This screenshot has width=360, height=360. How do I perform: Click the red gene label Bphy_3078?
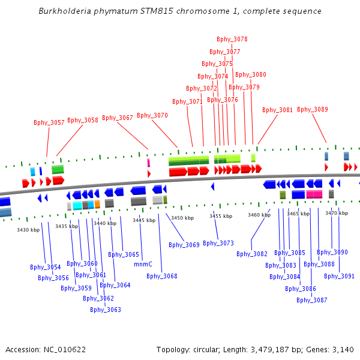[232, 39]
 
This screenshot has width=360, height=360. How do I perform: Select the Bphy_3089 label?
[313, 110]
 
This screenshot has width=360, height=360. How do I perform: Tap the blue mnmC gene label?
[143, 264]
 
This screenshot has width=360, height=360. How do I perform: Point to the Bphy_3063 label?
[106, 310]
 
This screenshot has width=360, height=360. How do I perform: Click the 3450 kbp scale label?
[182, 218]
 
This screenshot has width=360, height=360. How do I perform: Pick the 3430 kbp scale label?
[28, 230]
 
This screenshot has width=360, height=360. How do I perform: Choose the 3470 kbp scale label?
[337, 213]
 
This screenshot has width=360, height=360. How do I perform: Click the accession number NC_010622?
[65, 350]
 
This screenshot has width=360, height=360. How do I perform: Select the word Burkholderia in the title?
[65, 11]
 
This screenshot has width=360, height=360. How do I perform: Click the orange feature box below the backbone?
[97, 204]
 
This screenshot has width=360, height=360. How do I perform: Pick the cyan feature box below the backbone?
[77, 206]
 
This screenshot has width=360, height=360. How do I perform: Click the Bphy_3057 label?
[49, 122]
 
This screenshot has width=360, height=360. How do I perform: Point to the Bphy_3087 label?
[312, 301]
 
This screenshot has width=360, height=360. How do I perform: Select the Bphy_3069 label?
[184, 245]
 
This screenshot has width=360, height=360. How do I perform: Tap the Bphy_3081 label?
[277, 110]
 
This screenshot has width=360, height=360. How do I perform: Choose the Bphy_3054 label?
[46, 267]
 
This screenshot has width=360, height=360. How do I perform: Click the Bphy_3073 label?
[218, 243]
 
